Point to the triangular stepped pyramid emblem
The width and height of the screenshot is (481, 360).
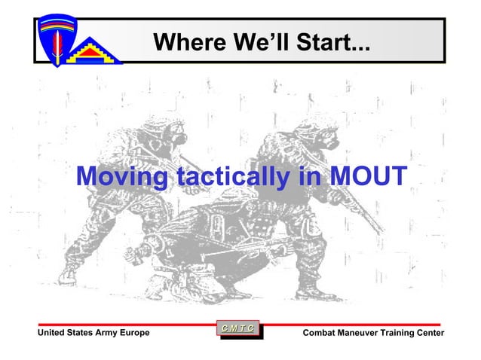pyautogui.click(x=93, y=48)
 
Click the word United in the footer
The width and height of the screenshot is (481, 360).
pyautogui.click(x=52, y=333)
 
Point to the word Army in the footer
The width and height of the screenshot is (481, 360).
pyautogui.click(x=101, y=333)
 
